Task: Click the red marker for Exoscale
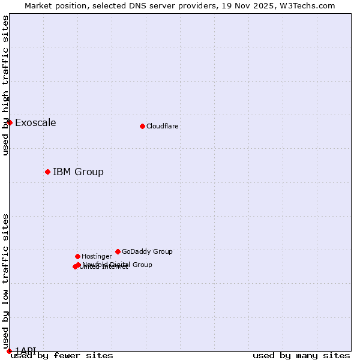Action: tap(10, 122)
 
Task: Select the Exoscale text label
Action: tap(35, 123)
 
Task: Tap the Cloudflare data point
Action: tap(142, 126)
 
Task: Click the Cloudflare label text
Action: tap(162, 126)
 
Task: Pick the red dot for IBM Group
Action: tap(47, 172)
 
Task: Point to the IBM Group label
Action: tap(78, 172)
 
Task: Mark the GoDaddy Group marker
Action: tap(118, 251)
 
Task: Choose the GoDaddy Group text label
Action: tap(147, 251)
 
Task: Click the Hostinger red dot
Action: tap(77, 256)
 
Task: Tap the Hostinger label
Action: tap(97, 256)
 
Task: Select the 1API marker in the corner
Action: tap(9, 351)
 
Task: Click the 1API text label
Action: tap(26, 350)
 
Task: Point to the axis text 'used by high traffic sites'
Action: tap(5, 85)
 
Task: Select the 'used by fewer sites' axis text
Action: tap(62, 355)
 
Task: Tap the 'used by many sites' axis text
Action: tap(301, 355)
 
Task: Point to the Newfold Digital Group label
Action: tap(118, 265)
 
